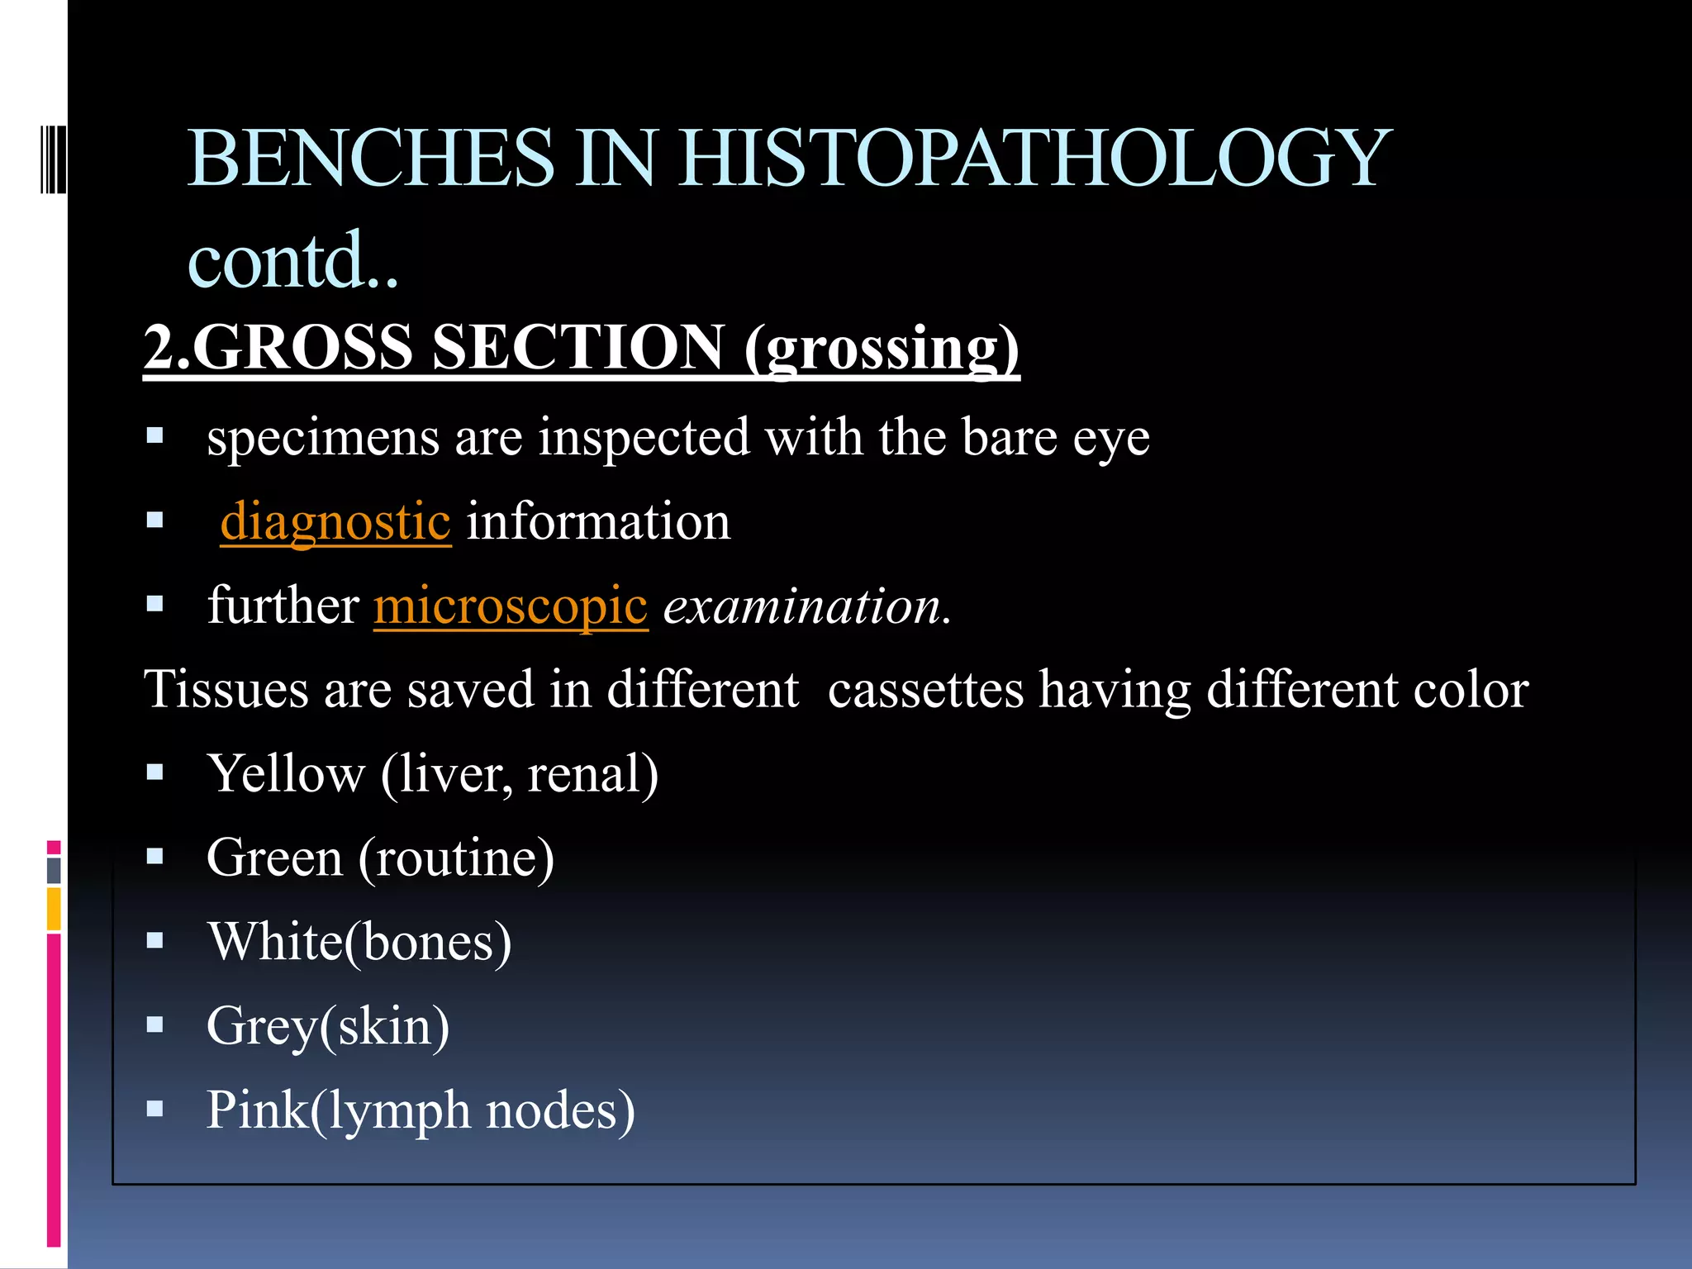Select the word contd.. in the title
tap(293, 260)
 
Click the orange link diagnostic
tap(335, 522)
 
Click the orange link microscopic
tap(511, 606)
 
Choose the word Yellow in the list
tap(286, 774)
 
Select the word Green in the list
tap(274, 858)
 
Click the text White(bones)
tap(359, 942)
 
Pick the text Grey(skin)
tap(328, 1026)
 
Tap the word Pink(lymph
tap(338, 1110)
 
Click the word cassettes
tap(925, 690)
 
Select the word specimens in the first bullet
tap(322, 438)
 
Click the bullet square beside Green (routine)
tap(154, 856)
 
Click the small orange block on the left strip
tap(54, 909)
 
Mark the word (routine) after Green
tap(456, 858)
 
